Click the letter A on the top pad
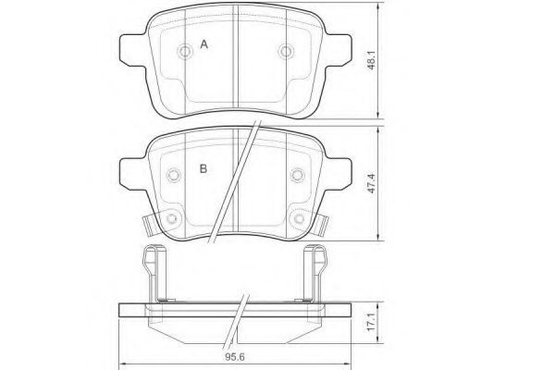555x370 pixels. coord(203,44)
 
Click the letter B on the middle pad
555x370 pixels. coord(203,169)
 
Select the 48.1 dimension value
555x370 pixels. coord(372,60)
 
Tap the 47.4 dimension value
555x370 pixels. coord(371,183)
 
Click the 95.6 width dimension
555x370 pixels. coord(235,357)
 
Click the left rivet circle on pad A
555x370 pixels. coord(184,52)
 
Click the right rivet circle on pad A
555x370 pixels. coord(286,52)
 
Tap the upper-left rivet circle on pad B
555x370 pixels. coord(174,175)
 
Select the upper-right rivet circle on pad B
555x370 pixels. coord(297,175)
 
